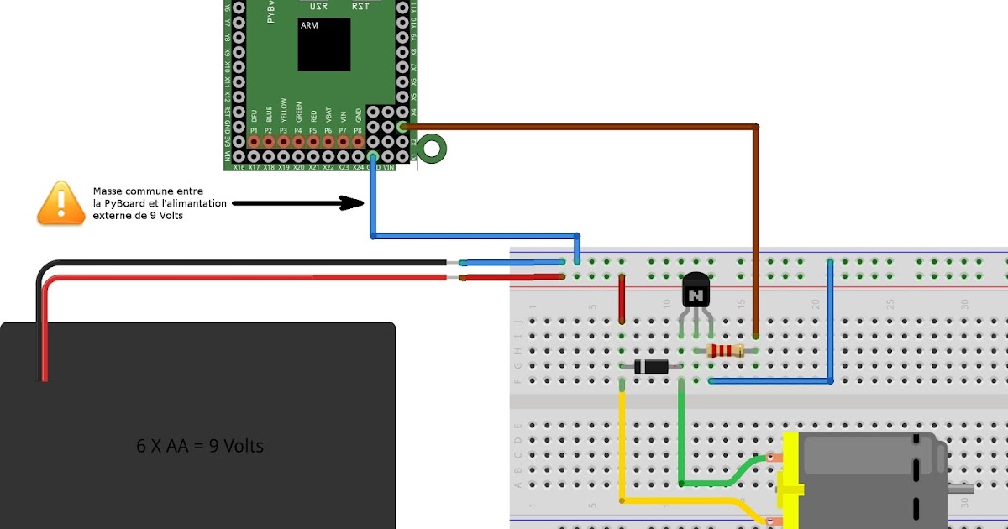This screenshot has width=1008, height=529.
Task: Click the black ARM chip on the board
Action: tap(324, 45)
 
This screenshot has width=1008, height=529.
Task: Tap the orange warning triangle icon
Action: tap(61, 203)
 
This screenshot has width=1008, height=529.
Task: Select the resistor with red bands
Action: tap(725, 351)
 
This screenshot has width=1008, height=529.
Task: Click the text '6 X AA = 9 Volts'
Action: tap(200, 446)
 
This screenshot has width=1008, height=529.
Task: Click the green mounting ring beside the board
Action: tap(433, 149)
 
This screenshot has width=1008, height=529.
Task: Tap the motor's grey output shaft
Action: tap(961, 488)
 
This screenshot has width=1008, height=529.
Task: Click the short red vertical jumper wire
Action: tap(622, 299)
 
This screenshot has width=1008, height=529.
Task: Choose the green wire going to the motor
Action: tap(681, 437)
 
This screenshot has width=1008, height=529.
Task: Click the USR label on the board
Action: tap(319, 7)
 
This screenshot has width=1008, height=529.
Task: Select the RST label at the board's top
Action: tap(361, 7)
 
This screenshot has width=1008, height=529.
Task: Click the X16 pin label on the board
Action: tap(239, 167)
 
